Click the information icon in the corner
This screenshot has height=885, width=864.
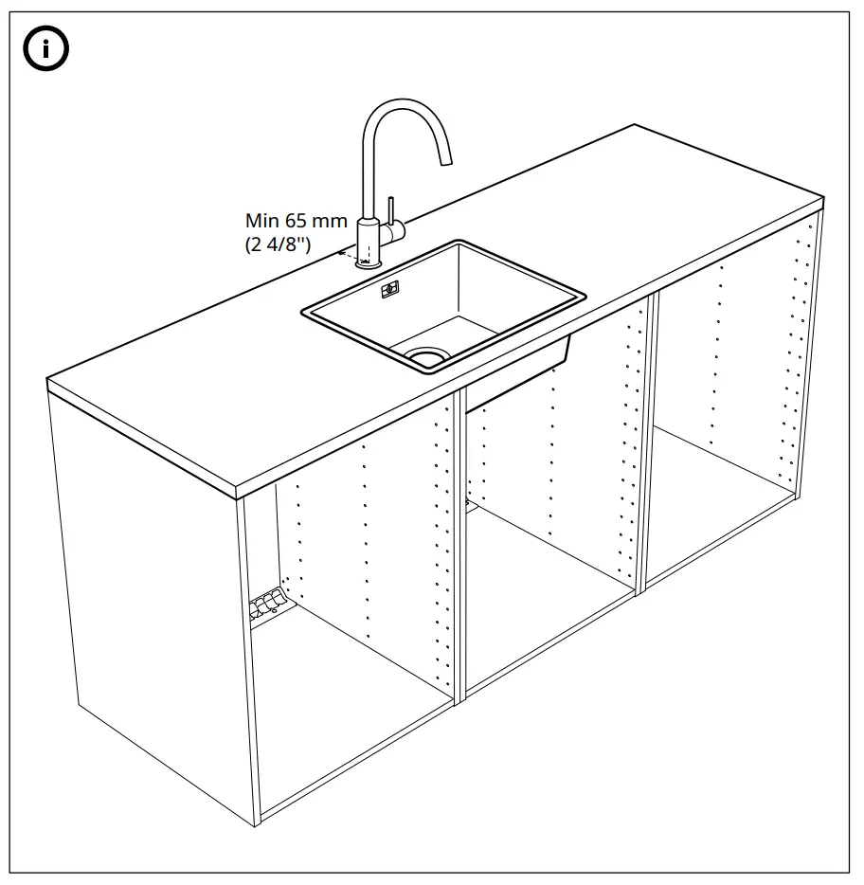[45, 50]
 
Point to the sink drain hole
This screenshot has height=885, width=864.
[425, 356]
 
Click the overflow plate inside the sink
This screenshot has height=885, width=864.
[389, 288]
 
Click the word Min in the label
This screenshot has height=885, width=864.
[262, 221]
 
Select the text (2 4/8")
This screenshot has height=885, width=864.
[278, 244]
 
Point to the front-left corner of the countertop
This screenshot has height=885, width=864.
[243, 492]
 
